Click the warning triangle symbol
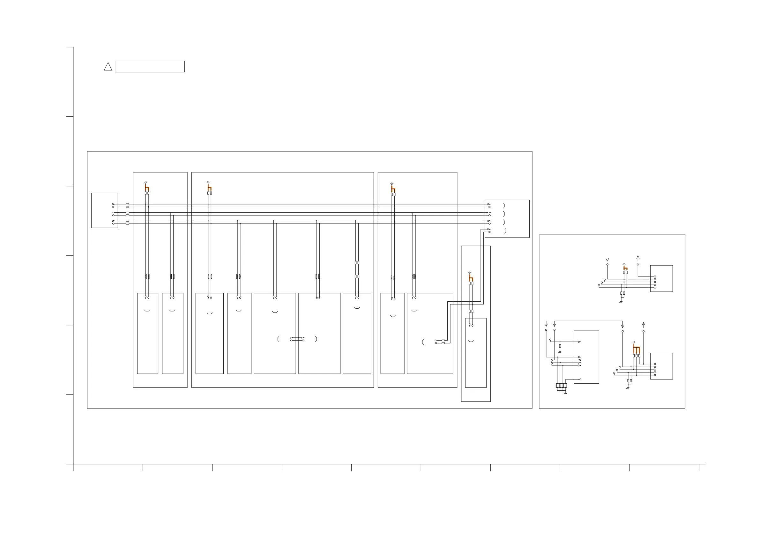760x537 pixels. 108,67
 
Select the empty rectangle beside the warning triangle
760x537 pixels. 150,67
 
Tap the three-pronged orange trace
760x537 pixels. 636,349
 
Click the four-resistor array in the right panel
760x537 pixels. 562,386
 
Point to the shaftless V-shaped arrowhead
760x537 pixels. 607,260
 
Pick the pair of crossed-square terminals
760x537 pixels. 318,298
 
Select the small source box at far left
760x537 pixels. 105,210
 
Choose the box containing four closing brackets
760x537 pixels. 507,218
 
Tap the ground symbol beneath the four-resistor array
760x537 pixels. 565,394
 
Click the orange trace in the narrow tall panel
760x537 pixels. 471,278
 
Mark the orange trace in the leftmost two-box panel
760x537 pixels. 147,188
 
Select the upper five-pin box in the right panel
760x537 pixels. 661,278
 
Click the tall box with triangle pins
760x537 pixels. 586,357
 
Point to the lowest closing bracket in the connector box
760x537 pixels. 505,231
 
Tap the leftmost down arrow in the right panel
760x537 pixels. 546,324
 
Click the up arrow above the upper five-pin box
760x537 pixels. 638,258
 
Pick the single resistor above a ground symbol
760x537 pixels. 560,346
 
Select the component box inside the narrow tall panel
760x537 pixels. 476,353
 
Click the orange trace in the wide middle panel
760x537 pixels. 210,188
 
